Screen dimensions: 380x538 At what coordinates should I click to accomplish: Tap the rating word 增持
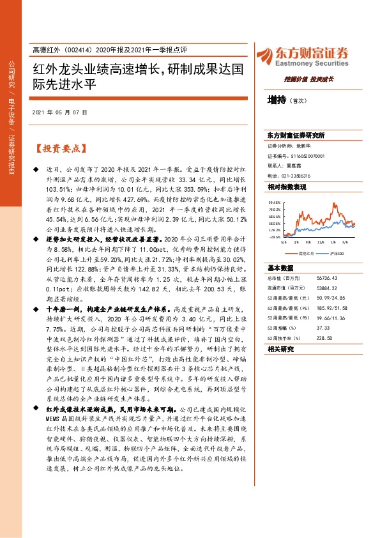277,101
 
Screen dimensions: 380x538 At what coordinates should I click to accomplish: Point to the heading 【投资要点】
60,149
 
